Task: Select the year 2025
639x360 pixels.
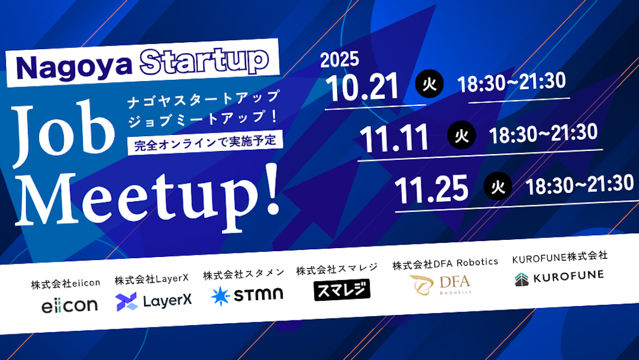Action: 339,60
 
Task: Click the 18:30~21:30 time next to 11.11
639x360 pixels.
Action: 543,134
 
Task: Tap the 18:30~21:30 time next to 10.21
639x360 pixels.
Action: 512,82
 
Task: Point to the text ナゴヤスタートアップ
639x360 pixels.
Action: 204,98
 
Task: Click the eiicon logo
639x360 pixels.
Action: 69,305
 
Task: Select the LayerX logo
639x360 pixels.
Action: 154,301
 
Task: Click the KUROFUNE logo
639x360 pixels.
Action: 559,277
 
